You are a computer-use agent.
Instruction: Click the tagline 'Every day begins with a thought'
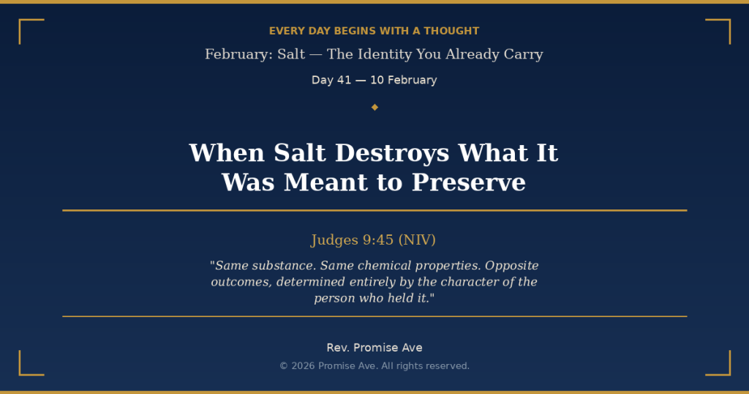374,31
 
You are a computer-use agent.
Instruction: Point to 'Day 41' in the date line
331,80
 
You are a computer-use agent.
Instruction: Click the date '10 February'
403,80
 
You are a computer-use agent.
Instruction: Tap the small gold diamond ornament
374,107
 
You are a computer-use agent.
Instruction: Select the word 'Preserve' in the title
469,182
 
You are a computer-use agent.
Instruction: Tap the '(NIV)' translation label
417,240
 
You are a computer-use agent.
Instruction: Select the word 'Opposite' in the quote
511,266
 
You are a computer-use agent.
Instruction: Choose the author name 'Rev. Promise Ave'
374,348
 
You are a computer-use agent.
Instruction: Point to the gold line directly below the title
374,210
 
